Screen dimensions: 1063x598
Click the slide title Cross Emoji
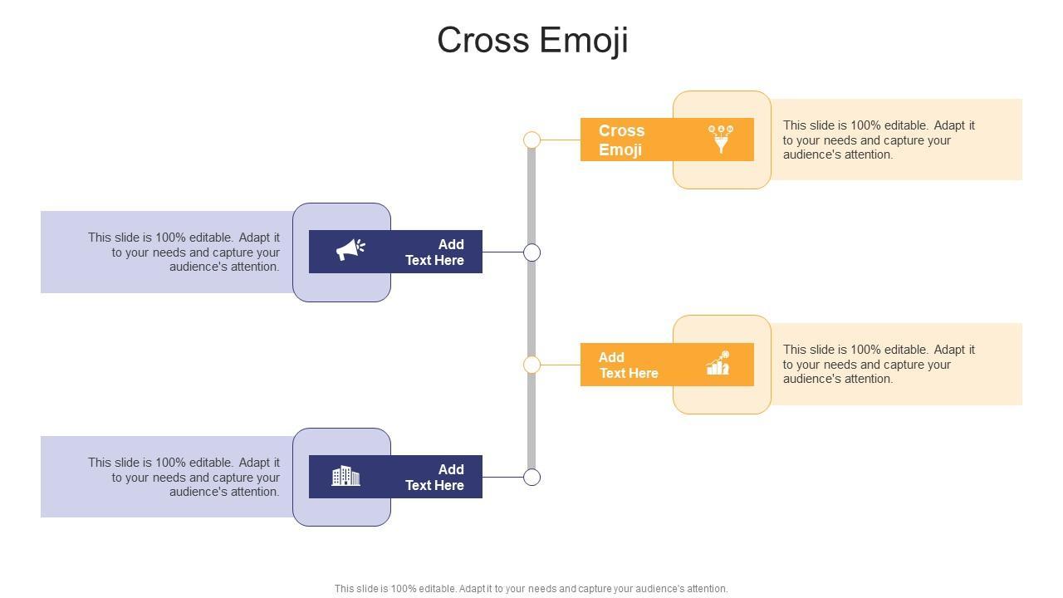click(x=532, y=41)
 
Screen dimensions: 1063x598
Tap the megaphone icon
click(x=350, y=249)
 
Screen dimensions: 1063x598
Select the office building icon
click(x=345, y=476)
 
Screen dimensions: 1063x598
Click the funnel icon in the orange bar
click(x=721, y=139)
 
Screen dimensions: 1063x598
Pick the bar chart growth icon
click(x=718, y=363)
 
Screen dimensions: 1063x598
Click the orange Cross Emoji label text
click(x=621, y=140)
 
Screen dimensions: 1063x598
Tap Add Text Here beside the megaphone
click(x=434, y=252)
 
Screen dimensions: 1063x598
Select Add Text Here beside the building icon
click(x=434, y=477)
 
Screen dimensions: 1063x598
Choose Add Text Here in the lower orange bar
click(x=629, y=365)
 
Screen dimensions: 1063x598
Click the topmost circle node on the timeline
click(x=531, y=140)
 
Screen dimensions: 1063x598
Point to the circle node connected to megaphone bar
click(x=531, y=252)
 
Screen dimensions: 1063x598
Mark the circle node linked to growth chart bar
click(x=531, y=365)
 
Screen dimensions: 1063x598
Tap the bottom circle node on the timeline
click(x=531, y=477)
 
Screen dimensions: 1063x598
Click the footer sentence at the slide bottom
click(x=531, y=589)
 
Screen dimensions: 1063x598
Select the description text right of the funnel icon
click(x=879, y=140)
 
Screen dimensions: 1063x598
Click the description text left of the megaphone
click(x=184, y=252)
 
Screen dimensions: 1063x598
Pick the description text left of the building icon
click(x=184, y=477)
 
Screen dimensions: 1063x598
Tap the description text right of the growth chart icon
click(x=879, y=364)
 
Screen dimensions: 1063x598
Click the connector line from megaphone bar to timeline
click(x=502, y=252)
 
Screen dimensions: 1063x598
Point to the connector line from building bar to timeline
click(x=502, y=477)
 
